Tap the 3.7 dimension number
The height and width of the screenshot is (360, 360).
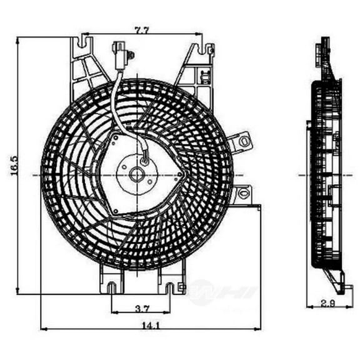(x=141, y=307)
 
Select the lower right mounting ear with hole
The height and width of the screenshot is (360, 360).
(x=242, y=194)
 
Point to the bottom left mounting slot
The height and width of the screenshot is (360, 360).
(x=111, y=288)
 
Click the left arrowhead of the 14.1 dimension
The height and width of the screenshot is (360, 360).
(x=42, y=328)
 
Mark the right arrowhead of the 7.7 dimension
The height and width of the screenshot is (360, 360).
(x=199, y=32)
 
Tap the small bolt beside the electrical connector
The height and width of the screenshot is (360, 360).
(x=131, y=56)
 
